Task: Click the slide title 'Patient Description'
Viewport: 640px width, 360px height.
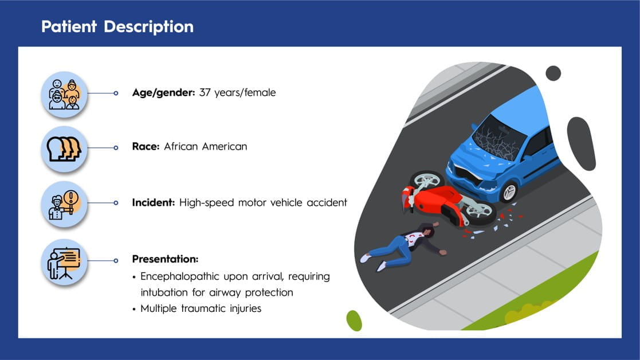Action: pos(117,27)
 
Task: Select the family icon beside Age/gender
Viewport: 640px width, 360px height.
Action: pos(64,94)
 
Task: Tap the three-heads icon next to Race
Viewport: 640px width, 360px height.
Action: pos(64,149)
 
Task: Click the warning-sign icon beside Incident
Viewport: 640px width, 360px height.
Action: pos(64,204)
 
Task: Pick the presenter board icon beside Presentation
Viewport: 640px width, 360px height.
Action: pos(64,262)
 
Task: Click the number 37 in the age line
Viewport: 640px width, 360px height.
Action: pos(205,93)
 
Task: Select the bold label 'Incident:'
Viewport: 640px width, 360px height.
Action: pos(154,202)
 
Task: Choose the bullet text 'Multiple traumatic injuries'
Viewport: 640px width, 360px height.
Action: pos(201,308)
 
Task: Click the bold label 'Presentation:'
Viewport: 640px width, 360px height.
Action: pos(165,259)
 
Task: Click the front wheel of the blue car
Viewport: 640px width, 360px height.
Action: pos(509,192)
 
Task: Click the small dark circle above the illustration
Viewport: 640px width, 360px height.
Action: pos(553,73)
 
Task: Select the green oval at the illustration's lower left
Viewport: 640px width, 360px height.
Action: pos(354,320)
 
